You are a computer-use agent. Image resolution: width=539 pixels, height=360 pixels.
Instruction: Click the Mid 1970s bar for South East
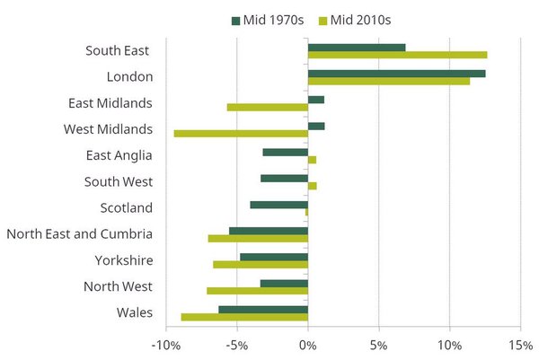tap(357, 47)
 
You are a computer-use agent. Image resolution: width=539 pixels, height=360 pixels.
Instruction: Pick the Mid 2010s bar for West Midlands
tap(241, 134)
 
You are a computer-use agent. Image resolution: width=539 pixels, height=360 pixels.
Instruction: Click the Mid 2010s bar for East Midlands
tap(268, 108)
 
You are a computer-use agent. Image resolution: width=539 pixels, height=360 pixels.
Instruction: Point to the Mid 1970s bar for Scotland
tap(278, 205)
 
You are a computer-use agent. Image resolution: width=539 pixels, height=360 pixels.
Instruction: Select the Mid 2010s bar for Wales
tap(244, 317)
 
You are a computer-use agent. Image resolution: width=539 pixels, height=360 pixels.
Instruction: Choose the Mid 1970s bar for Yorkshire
tap(274, 257)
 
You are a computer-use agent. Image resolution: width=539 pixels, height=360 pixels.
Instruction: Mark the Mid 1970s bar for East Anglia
tap(285, 152)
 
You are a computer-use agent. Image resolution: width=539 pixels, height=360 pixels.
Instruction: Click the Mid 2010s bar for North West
tap(257, 291)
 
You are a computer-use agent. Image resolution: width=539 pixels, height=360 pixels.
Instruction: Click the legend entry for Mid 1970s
tap(265, 19)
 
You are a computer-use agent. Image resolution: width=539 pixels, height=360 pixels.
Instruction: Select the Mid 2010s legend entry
tap(354, 19)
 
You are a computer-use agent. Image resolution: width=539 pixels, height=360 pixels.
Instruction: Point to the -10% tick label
tap(165, 347)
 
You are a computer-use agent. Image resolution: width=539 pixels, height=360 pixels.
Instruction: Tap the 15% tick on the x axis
tap(520, 347)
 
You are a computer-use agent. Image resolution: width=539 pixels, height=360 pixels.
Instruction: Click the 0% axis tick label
tap(308, 347)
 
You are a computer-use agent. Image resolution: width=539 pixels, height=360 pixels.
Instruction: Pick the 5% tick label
tap(378, 347)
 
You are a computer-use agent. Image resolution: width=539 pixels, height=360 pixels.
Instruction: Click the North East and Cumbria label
tap(79, 234)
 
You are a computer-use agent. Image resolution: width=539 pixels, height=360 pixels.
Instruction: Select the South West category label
tap(119, 182)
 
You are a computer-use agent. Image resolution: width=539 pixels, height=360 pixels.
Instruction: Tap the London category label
tap(128, 77)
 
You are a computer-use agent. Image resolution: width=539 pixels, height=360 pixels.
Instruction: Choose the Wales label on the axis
tap(134, 313)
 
